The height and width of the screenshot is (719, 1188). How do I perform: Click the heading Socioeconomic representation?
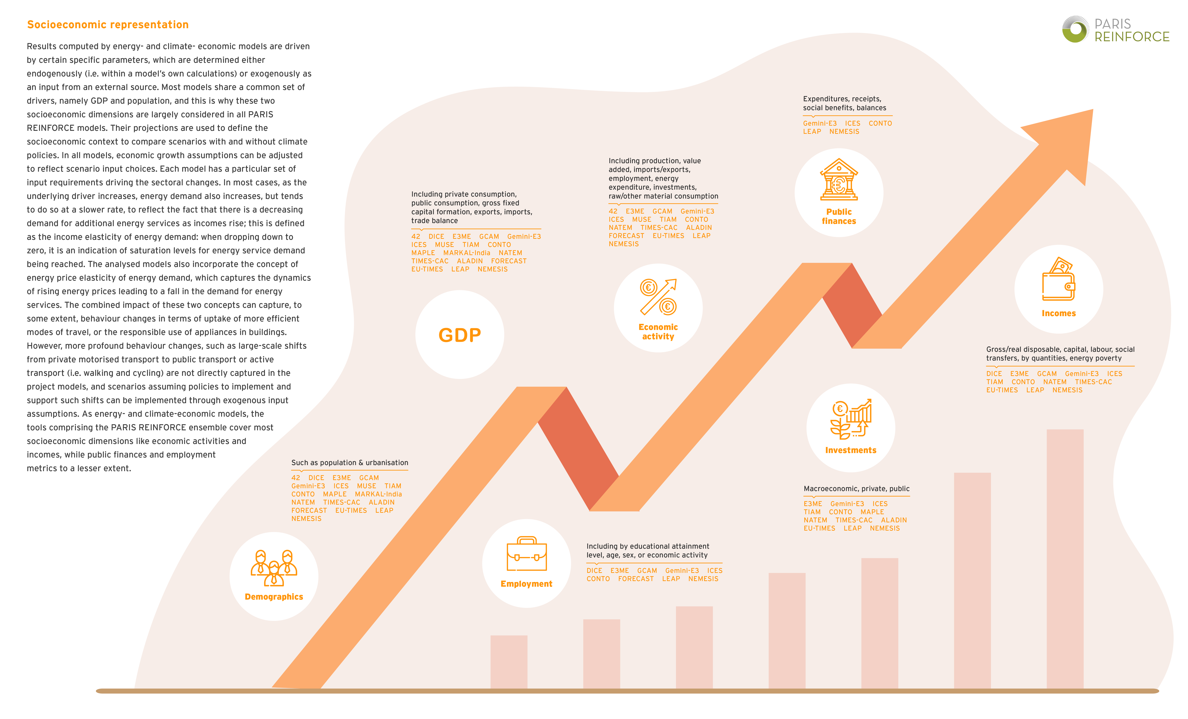(x=108, y=25)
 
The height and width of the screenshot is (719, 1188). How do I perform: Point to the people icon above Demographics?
(x=274, y=568)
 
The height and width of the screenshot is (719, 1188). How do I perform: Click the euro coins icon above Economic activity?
(x=658, y=297)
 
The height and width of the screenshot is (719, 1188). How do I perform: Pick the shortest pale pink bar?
(x=509, y=662)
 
